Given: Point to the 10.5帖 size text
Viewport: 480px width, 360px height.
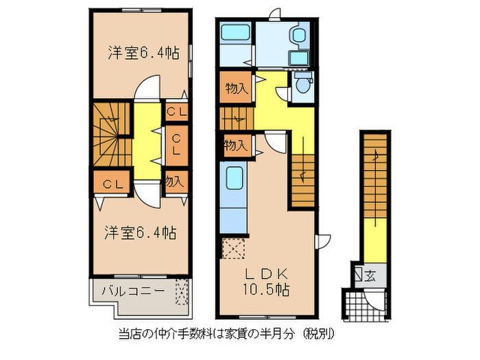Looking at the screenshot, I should pyautogui.click(x=264, y=290).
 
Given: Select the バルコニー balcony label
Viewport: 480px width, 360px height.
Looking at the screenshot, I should pyautogui.click(x=132, y=290).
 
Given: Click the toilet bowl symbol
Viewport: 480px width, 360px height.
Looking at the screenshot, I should pyautogui.click(x=302, y=84).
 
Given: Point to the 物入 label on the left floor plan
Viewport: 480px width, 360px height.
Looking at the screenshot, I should pyautogui.click(x=175, y=182).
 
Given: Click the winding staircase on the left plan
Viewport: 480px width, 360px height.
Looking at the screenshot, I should pyautogui.click(x=110, y=134).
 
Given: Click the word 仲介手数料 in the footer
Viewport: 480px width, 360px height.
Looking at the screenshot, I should pyautogui.click(x=174, y=335).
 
